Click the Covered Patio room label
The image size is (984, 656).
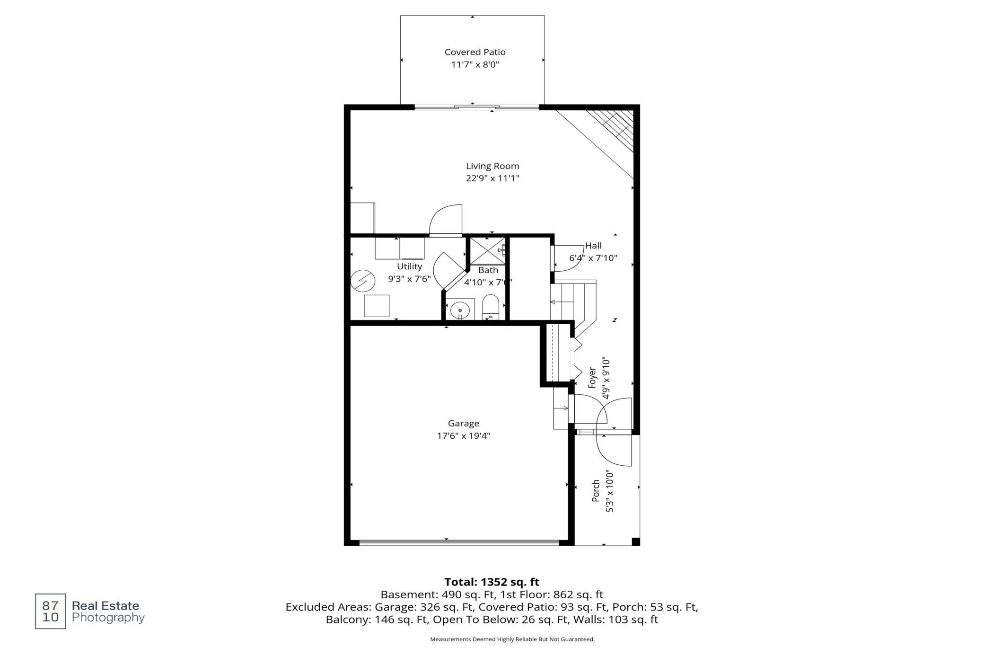(x=475, y=52)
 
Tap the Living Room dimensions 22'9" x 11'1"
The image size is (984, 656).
(x=492, y=178)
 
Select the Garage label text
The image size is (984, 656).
(x=464, y=424)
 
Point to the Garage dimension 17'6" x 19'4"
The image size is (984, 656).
(x=464, y=436)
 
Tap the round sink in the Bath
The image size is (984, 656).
(x=459, y=311)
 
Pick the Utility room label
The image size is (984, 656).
(x=409, y=266)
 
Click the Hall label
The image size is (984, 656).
(x=593, y=246)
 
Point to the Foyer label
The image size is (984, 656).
(x=592, y=377)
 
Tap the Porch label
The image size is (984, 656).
(x=596, y=491)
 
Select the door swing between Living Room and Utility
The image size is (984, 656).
(x=445, y=219)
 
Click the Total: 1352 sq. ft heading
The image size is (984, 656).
(x=492, y=582)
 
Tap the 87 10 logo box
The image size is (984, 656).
(x=51, y=611)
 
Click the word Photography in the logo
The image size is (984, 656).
(x=108, y=618)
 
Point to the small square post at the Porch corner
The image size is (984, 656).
(x=636, y=541)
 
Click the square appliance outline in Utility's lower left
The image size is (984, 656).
(x=377, y=306)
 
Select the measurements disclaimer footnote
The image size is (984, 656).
(x=512, y=639)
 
